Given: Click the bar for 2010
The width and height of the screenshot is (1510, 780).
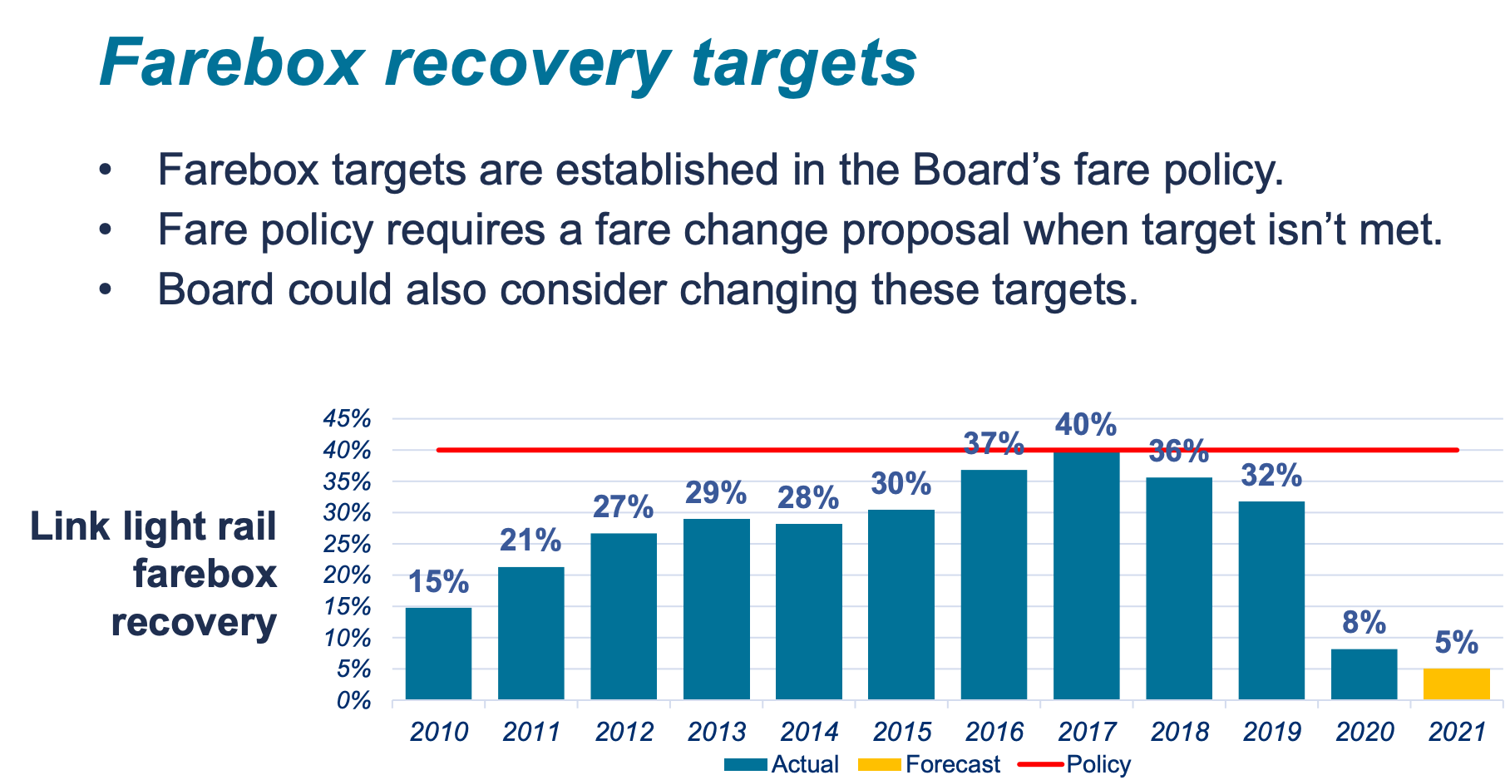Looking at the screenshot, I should point(438,654).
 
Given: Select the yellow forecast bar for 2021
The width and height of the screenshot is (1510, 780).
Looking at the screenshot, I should point(1456,684).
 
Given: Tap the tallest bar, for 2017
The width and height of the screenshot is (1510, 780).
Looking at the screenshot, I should point(1086,575).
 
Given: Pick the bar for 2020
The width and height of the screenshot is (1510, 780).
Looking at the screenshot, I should point(1364,674).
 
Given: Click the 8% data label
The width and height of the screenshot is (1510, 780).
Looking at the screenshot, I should point(1364,622).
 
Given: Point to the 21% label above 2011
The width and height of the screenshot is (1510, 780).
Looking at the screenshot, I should point(530,541).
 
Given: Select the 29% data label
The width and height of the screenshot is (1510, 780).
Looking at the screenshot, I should point(716,493).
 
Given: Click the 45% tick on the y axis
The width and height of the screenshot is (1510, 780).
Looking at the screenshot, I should point(347,418).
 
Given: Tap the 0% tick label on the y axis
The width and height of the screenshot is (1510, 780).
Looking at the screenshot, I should point(353,701).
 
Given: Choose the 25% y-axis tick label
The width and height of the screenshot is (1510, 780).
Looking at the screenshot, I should point(347,545).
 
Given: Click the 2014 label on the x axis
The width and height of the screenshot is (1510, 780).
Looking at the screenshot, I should point(809,732).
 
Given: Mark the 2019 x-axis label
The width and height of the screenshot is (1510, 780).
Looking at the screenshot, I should point(1271,732).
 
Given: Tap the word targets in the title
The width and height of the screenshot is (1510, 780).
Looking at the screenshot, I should point(804,63).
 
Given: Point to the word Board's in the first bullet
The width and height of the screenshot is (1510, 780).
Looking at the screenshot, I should point(986,170).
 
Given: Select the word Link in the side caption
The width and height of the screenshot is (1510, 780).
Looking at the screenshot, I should point(70,526).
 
